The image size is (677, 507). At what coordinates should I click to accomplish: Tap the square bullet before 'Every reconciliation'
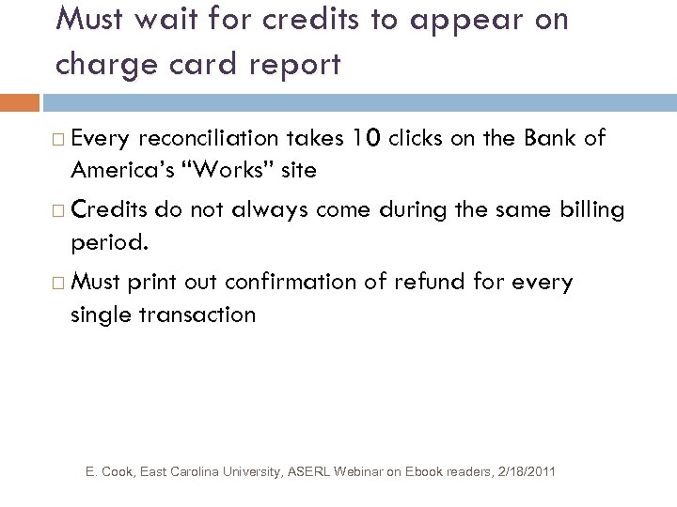coord(59,140)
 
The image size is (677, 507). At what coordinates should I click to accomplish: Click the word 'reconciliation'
coord(207,139)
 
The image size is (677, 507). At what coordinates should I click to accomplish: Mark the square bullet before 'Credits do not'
coord(59,210)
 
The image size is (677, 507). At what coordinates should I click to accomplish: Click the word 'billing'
coord(590,209)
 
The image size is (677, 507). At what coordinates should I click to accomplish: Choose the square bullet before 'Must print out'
coord(59,282)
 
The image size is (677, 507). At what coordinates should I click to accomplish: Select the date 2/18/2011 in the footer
coord(523,469)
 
